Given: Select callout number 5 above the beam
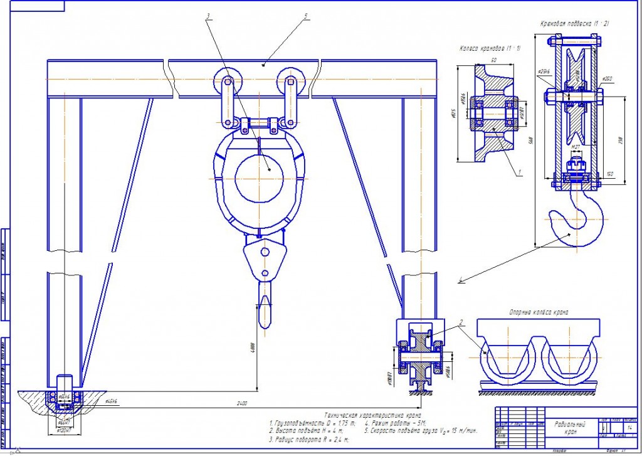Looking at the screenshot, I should (x=305, y=16).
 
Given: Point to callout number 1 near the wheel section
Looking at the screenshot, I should (x=519, y=170).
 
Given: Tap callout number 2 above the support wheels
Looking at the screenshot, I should (x=461, y=324).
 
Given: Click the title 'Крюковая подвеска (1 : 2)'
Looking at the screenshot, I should (x=575, y=24).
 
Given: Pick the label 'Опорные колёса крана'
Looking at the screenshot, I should (x=539, y=312).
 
